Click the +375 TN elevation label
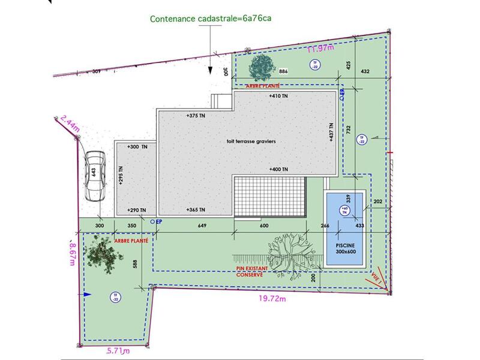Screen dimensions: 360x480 coord(196,115)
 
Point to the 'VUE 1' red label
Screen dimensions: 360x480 coord(377,277)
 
